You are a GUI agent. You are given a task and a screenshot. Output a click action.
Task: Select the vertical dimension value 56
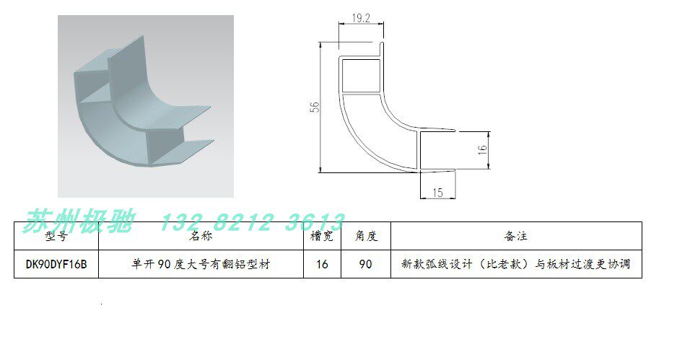[314, 107]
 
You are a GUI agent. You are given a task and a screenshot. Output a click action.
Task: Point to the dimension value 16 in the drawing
[483, 151]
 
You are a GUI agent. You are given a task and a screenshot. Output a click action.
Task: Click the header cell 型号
[56, 236]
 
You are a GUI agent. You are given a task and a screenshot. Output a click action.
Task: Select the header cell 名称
[201, 236]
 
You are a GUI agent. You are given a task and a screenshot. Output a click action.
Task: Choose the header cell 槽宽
[321, 236]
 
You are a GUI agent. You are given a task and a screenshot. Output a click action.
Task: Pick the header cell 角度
[365, 236]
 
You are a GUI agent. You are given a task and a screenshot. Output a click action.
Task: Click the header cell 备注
[515, 236]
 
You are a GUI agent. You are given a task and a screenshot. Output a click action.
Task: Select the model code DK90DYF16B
[56, 264]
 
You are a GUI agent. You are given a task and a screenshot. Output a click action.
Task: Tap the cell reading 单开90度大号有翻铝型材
[201, 264]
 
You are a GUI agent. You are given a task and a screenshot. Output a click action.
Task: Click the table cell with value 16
[322, 264]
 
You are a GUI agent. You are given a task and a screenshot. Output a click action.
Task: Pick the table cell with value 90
[365, 264]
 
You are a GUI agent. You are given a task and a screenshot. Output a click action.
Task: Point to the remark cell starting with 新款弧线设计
[515, 264]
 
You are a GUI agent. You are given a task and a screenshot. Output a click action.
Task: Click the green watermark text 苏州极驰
[80, 221]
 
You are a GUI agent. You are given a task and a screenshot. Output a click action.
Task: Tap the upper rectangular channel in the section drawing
[360, 75]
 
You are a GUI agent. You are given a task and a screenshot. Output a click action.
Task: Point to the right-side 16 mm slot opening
[437, 151]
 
